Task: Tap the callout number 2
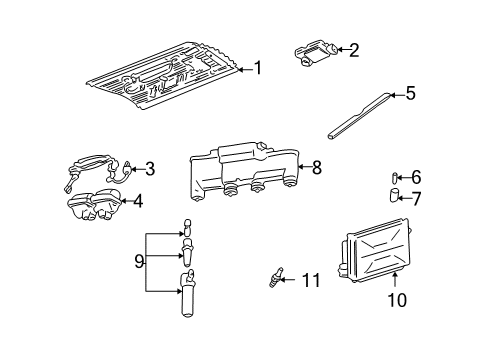[353, 48]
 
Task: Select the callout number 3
[149, 169]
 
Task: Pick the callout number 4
[138, 201]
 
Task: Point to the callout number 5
[409, 94]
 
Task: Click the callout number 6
[416, 176]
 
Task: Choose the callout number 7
[416, 198]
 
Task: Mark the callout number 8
[316, 168]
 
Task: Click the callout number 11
[311, 281]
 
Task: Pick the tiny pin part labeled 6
[395, 177]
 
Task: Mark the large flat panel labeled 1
[165, 72]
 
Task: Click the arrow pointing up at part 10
[395, 280]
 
